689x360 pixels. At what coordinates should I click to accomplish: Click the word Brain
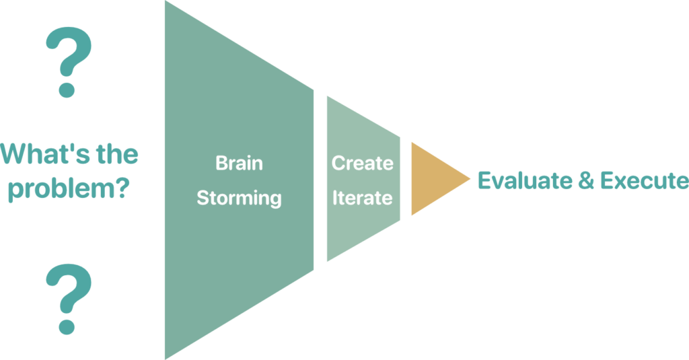[x=239, y=164]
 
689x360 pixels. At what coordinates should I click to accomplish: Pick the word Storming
[x=239, y=199]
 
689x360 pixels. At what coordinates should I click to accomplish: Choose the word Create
[x=362, y=164]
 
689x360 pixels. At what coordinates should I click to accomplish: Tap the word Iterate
[x=362, y=199]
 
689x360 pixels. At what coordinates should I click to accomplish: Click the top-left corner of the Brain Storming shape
[x=166, y=2]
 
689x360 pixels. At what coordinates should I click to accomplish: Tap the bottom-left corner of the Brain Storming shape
[x=166, y=357]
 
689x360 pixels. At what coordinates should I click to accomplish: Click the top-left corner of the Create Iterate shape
[x=328, y=96]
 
